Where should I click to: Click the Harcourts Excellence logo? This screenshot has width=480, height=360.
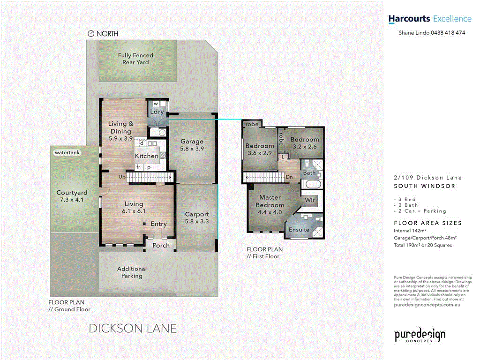pos(429,19)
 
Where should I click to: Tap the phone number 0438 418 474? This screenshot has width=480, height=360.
pos(448,33)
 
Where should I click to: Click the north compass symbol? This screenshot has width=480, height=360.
pos(91,34)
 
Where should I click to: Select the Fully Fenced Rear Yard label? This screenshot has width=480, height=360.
pos(135,59)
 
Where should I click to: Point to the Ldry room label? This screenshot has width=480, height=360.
pos(157,112)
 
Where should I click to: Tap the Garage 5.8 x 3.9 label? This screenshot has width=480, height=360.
pos(192,145)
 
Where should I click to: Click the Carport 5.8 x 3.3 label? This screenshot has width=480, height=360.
pos(196,217)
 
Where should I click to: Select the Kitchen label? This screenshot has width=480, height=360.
pos(147,156)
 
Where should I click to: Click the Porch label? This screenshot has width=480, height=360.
pos(161,245)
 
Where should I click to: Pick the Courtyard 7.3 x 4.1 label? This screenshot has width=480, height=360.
pos(72,196)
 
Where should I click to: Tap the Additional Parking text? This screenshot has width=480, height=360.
pos(132,272)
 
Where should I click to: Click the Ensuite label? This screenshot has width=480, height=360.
pos(299,230)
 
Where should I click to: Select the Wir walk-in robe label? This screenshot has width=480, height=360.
pos(309,200)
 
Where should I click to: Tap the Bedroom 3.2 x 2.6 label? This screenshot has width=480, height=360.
pos(304,143)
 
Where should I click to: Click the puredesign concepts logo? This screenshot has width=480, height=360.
pos(420,336)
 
